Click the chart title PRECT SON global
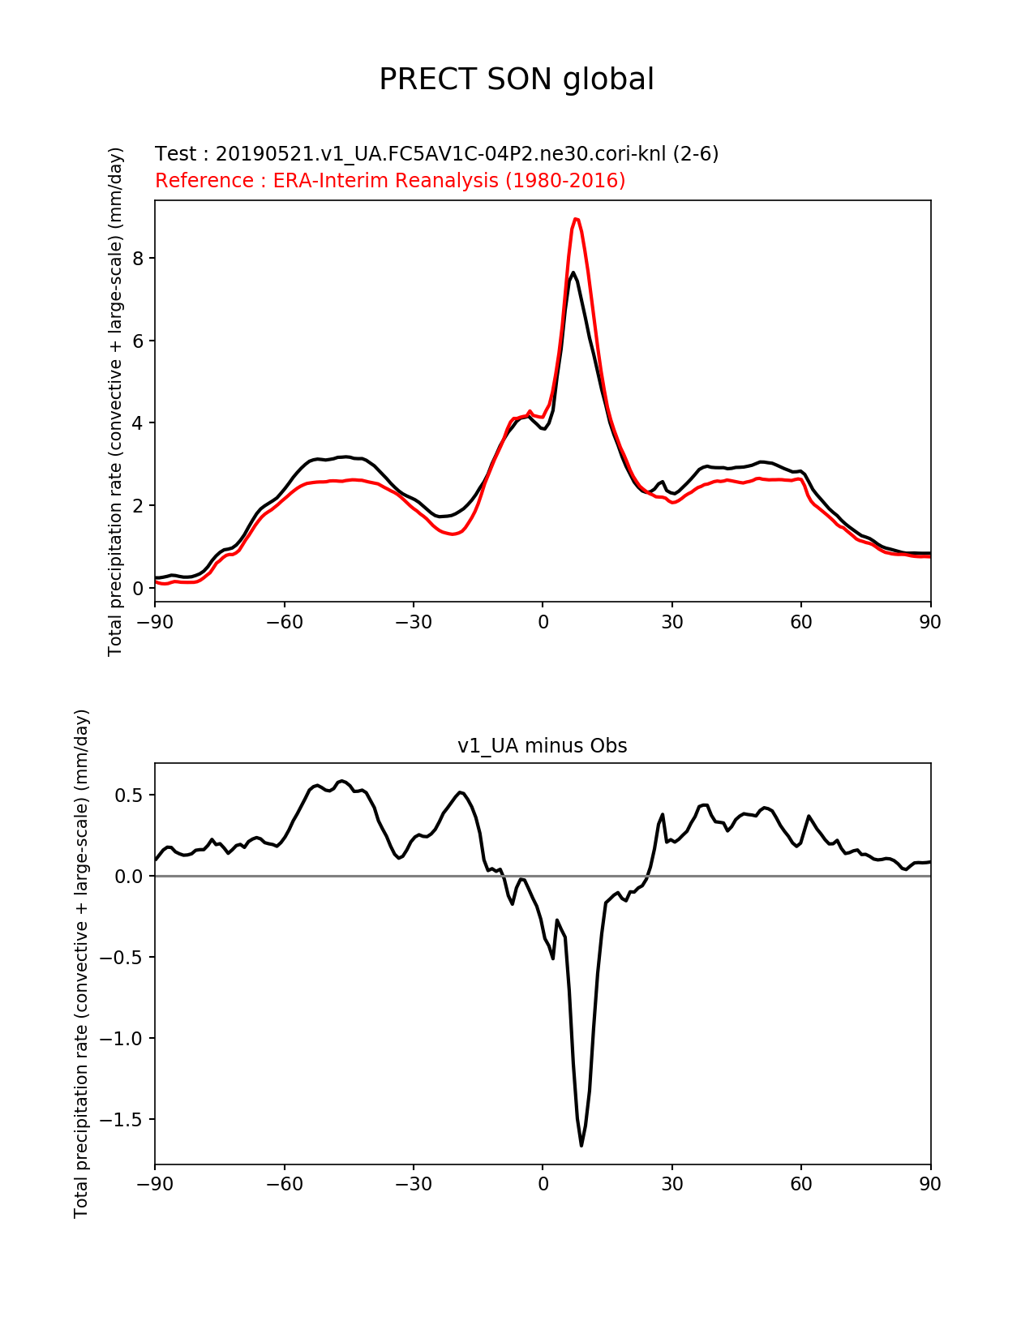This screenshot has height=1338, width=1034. coord(517,79)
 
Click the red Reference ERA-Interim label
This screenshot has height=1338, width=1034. coord(390,180)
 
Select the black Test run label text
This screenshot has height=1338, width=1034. coord(436,153)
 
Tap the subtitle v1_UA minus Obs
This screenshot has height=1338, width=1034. coord(542,746)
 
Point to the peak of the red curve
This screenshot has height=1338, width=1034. coord(575,219)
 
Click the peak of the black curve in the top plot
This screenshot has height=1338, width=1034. coord(573,272)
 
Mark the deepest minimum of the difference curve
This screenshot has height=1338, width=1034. coord(581,1145)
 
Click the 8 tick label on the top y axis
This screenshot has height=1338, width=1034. coord(139,259)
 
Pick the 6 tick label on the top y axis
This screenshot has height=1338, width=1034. coord(139,341)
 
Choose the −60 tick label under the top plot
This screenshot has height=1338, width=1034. coord(284,622)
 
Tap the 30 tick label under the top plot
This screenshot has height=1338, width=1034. coord(671,622)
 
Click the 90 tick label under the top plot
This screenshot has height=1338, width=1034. coord(930,622)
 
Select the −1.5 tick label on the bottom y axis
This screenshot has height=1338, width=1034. coord(121,1120)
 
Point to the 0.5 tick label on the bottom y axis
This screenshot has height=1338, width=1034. coord(130,796)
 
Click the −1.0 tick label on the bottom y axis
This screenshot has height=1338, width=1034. coord(121,1039)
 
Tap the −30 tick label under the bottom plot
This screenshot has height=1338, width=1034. coord(413,1185)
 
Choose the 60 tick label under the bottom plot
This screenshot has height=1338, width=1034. coord(801,1185)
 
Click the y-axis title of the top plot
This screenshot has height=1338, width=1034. coord(116,401)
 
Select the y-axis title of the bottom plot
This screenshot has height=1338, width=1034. coord(81,963)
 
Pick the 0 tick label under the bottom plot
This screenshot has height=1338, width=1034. coord(543,1185)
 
